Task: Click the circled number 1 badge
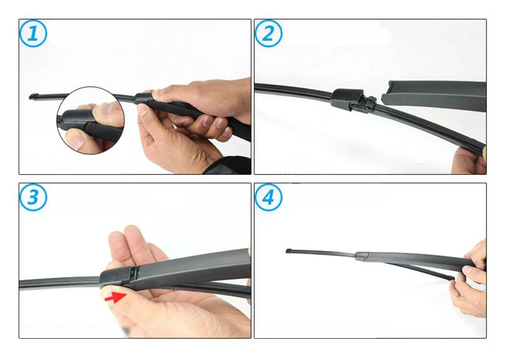click(33, 34)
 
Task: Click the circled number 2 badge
click(268, 34)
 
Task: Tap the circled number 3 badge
click(33, 197)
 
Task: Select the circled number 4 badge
click(268, 197)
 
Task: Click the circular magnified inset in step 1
click(90, 120)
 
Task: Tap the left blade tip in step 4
click(289, 251)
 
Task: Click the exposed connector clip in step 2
click(368, 101)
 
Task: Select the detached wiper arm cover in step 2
click(433, 96)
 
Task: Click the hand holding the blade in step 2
click(469, 161)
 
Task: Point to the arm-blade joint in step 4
click(363, 256)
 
